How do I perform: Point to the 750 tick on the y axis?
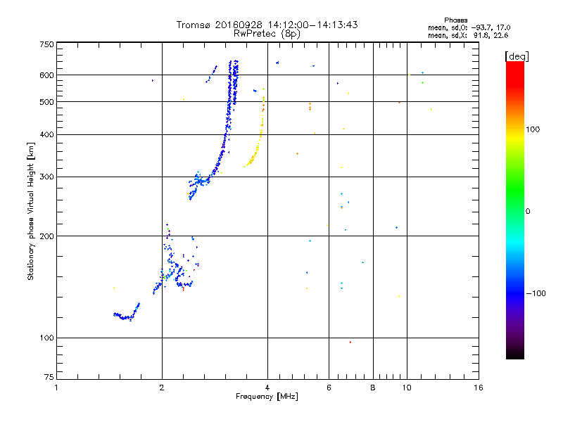point(47,44)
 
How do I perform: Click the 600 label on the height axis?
point(47,75)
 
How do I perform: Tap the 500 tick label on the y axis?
point(47,102)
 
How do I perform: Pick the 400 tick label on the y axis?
point(47,135)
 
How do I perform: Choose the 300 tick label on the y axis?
point(47,177)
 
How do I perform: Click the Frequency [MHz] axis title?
point(267,397)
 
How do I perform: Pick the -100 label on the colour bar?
point(537,293)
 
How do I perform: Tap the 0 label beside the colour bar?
point(529,211)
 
